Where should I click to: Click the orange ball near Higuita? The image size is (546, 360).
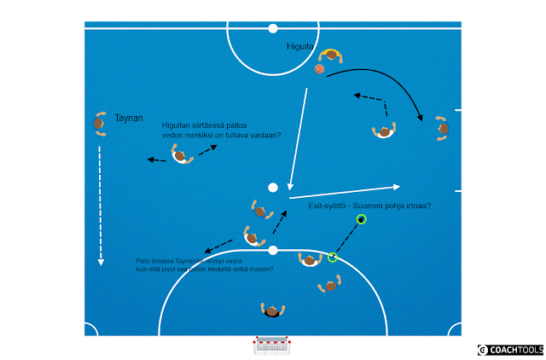point(319,69)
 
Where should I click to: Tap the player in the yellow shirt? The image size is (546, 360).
point(330,55)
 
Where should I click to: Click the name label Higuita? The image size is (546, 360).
point(300,48)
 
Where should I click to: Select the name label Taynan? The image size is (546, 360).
point(129,118)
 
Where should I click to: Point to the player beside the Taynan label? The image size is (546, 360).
point(100,124)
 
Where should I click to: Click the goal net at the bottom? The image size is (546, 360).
point(272,346)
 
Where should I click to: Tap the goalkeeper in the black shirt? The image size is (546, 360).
point(272,311)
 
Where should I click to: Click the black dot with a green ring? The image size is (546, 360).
point(362,219)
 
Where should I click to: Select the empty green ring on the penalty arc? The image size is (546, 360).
point(333,257)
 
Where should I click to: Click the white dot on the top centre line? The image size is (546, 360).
point(273,28)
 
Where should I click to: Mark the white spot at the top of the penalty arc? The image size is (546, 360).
point(273,250)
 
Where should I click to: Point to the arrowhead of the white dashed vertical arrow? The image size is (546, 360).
point(101,262)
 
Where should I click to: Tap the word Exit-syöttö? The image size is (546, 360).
point(328,206)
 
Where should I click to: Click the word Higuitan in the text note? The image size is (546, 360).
point(177,126)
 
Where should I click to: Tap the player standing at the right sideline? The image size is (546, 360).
point(442,128)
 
